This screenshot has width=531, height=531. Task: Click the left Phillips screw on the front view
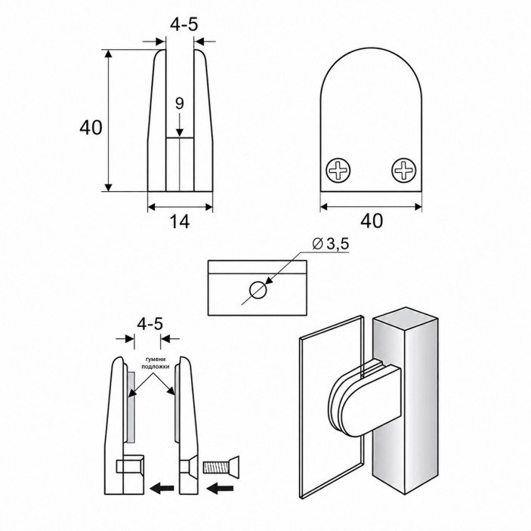pos(338,170)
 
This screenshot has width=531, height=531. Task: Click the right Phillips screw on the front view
pos(403,170)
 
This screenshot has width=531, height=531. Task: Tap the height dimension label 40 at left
pos(91,128)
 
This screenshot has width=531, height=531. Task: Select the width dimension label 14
pos(180,221)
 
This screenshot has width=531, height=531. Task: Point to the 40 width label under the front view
pos(372,221)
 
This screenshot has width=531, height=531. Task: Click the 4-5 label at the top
pos(184,25)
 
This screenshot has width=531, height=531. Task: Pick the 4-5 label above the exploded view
pos(150,324)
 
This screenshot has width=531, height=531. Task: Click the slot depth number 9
pos(180,103)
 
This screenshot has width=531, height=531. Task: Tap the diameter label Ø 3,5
pos(330,244)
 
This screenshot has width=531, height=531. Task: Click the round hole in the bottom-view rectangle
pos(258,290)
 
